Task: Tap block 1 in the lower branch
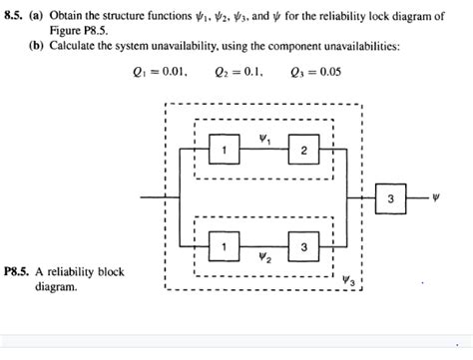[225, 246]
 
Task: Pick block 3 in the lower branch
[302, 246]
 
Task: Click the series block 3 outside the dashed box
[390, 198]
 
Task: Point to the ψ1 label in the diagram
[263, 139]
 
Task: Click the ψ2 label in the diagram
[263, 258]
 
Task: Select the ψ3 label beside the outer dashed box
[346, 280]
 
